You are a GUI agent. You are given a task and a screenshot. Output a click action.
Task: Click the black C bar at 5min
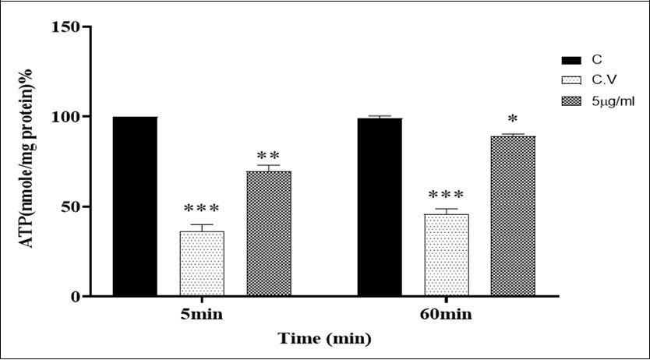coord(135,206)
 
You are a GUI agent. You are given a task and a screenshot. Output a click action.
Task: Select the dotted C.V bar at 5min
coord(202,263)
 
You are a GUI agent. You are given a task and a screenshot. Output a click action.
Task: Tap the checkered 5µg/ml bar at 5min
coord(269,234)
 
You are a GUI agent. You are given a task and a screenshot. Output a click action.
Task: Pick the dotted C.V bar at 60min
coord(447,255)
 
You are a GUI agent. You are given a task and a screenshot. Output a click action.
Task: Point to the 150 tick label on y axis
coord(67,27)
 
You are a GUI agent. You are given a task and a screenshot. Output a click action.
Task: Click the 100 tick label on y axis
coord(67,117)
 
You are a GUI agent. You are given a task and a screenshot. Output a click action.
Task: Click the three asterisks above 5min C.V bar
coord(202,209)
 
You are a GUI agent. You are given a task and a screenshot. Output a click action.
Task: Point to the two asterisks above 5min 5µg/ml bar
coord(268,155)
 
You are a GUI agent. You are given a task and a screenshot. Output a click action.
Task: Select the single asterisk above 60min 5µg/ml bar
coord(513,119)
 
